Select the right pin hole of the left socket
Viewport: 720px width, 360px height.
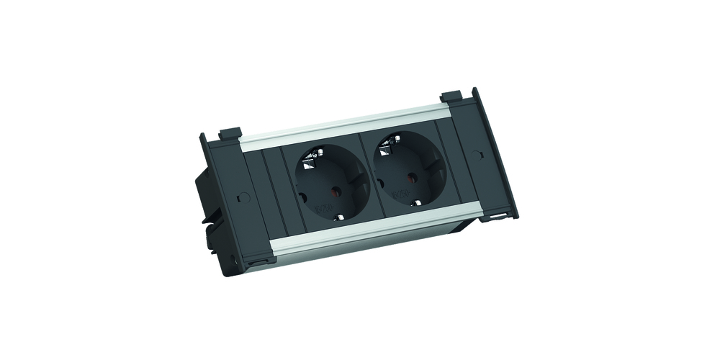[x=333, y=192]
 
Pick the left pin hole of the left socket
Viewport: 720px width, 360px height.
[x=301, y=195]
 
